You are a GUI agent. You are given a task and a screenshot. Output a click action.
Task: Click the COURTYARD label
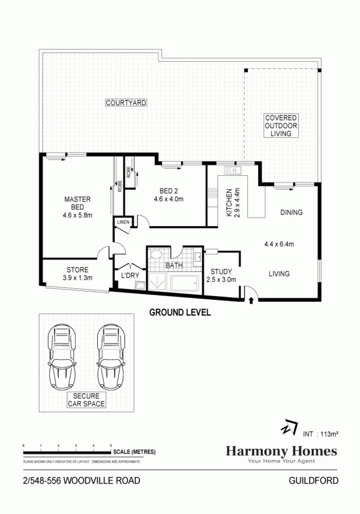click(126, 102)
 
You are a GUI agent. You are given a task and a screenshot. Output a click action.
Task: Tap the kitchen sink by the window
click(233, 170)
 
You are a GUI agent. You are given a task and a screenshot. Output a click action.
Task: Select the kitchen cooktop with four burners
click(213, 192)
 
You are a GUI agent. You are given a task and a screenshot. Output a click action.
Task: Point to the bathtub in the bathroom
click(184, 283)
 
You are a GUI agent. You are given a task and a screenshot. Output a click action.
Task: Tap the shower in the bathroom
click(157, 281)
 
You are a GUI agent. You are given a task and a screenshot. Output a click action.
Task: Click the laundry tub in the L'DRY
click(140, 286)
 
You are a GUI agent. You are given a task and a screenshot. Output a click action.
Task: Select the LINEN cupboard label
click(123, 222)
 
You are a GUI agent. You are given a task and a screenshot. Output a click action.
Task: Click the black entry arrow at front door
click(251, 300)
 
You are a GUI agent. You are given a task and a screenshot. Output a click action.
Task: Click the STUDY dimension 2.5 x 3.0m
click(221, 280)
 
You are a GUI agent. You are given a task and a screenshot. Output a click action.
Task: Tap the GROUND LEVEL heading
click(180, 312)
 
